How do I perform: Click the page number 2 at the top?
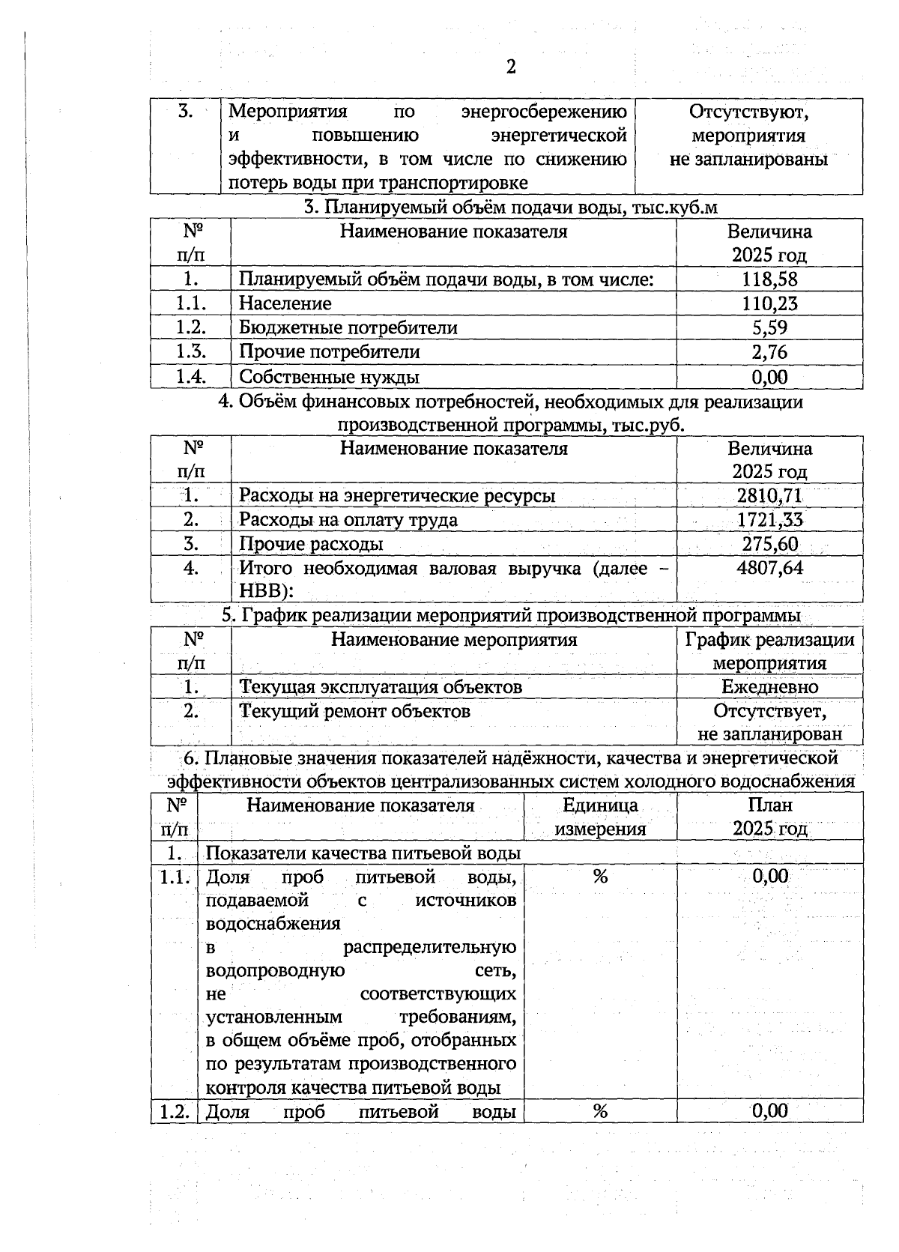point(510,67)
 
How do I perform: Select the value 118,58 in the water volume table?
point(769,279)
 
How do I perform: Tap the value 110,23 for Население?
point(769,303)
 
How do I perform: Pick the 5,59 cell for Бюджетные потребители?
point(769,327)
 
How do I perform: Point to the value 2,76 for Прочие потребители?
point(769,351)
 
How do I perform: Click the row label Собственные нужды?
point(329,377)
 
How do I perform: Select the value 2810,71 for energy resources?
point(769,495)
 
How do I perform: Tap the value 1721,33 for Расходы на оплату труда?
point(769,519)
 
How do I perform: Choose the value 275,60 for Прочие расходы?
point(769,544)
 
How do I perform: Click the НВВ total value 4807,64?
point(769,568)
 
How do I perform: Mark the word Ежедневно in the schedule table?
point(769,686)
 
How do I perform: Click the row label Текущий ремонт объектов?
point(354,710)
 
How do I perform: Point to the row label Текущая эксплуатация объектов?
point(380,686)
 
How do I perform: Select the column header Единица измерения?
point(600,817)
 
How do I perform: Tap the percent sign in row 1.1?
point(600,876)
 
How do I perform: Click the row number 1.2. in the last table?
point(174,1111)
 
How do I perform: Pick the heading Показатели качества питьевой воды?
point(363,853)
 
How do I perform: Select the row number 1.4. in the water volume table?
point(190,377)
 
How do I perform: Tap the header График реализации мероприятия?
point(769,651)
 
